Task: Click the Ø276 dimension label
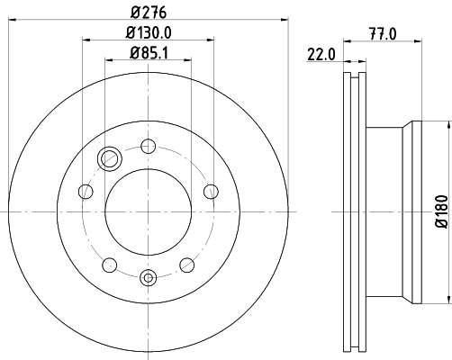(x=149, y=13)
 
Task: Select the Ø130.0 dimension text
(x=149, y=32)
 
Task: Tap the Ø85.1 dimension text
(x=149, y=53)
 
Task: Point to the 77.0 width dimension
(x=383, y=33)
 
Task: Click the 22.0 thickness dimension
(x=321, y=55)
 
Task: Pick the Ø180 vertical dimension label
(x=442, y=211)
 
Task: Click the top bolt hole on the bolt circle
(x=149, y=147)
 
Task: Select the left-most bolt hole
(x=86, y=192)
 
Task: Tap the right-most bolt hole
(x=211, y=192)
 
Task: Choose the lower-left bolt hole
(x=110, y=265)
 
